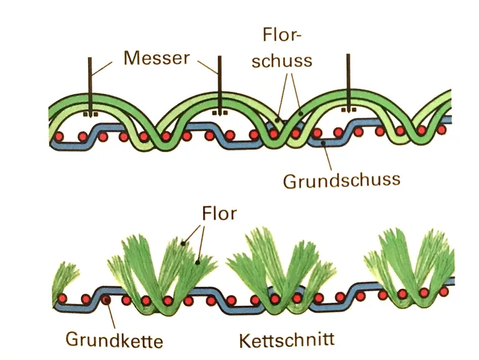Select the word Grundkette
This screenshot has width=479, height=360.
click(114, 341)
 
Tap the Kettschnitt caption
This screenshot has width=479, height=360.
click(287, 340)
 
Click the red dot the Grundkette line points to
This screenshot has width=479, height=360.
click(107, 301)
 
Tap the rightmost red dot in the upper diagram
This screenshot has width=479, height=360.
click(442, 130)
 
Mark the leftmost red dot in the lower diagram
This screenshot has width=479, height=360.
click(66, 298)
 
